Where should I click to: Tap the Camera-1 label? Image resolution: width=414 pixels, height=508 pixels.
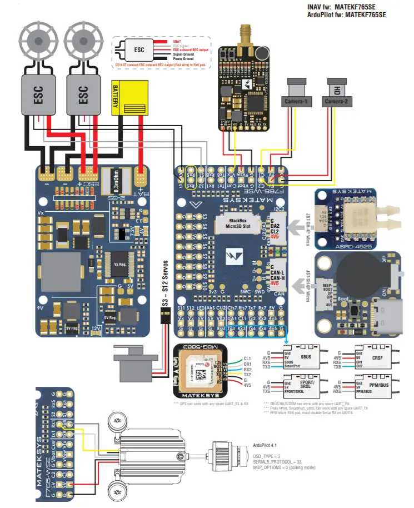click(x=298, y=102)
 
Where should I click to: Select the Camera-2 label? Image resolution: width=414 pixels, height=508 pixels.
click(x=337, y=102)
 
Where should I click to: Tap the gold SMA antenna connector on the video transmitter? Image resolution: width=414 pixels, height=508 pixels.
click(x=245, y=34)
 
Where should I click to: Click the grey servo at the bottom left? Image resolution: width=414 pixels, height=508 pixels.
click(x=133, y=356)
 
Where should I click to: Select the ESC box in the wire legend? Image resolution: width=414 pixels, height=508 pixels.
click(x=138, y=49)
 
